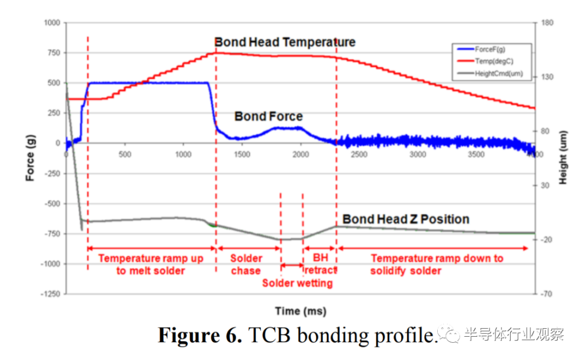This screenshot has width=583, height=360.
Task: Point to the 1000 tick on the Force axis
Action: (x=52, y=23)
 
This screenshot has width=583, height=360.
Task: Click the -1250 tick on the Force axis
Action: (x=50, y=294)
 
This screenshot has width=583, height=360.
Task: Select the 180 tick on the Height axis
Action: (x=545, y=23)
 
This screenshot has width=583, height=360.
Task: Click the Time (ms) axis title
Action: (x=301, y=311)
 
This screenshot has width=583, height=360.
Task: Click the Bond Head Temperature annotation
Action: (x=285, y=42)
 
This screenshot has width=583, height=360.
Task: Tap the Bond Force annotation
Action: (x=268, y=117)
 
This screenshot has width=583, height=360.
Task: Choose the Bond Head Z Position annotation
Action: (x=406, y=219)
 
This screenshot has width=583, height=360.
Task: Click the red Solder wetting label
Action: (x=297, y=283)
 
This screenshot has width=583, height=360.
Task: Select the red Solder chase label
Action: (x=246, y=264)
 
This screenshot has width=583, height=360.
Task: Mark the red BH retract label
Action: (x=321, y=264)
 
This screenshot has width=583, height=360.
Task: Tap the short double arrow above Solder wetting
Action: (x=292, y=265)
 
